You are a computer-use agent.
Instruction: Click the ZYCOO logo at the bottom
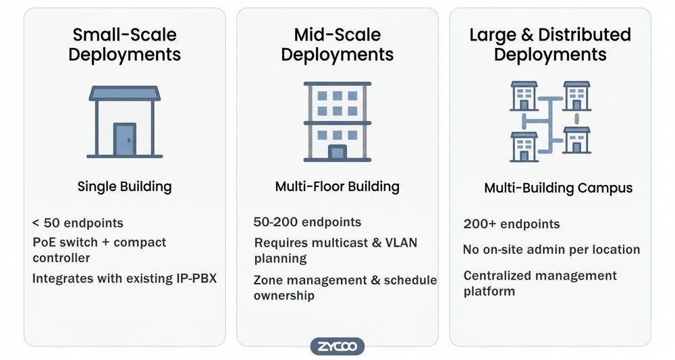[x=337, y=347]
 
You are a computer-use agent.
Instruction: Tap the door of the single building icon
[x=124, y=139]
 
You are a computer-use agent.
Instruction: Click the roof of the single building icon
[x=124, y=93]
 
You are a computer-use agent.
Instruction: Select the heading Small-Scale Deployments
[x=125, y=45]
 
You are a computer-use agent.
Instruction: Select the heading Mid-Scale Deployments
[x=337, y=45]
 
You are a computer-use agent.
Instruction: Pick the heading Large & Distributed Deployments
[x=550, y=45]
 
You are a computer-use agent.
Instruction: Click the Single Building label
[x=124, y=186]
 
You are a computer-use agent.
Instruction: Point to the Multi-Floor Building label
[x=337, y=186]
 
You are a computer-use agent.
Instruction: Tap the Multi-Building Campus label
[x=558, y=188]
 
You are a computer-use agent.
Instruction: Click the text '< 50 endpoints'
[x=78, y=223]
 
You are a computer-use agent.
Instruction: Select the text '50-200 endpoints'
[x=307, y=222]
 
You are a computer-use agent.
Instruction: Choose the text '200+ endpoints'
[x=512, y=224]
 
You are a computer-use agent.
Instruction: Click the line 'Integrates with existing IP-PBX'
[x=124, y=277]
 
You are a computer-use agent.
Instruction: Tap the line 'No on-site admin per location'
[x=551, y=250]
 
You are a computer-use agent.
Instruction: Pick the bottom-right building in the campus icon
[x=577, y=140]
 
